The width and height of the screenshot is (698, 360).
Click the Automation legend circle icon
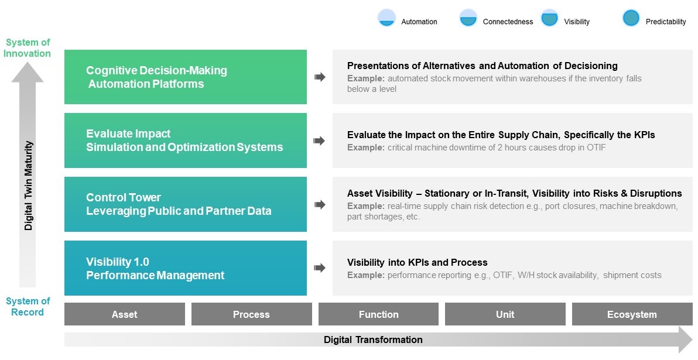point(386,18)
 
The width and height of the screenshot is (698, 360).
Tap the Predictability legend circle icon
point(631,18)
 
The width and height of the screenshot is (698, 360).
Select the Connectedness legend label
point(508,22)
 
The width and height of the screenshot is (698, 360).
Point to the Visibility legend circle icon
point(549,18)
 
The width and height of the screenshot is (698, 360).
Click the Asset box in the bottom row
point(125,314)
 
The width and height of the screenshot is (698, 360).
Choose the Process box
point(252,314)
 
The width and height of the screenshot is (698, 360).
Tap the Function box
point(378,314)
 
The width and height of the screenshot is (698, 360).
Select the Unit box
point(505,314)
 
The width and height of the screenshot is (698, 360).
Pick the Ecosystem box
point(632,314)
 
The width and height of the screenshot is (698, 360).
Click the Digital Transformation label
point(373,340)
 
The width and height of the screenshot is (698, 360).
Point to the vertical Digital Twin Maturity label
point(29,186)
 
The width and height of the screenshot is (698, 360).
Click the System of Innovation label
point(27,48)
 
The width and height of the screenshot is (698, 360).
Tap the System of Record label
point(28,307)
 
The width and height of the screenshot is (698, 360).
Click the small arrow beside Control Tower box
point(319,205)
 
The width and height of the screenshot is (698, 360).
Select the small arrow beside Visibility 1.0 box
point(319,268)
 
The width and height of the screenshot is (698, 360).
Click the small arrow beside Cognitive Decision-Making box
point(320,77)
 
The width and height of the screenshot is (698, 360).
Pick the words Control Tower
point(124,198)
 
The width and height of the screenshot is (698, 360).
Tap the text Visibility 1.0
point(118,262)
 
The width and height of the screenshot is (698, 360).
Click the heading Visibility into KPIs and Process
point(417,263)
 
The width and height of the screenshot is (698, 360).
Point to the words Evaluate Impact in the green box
point(128,134)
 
